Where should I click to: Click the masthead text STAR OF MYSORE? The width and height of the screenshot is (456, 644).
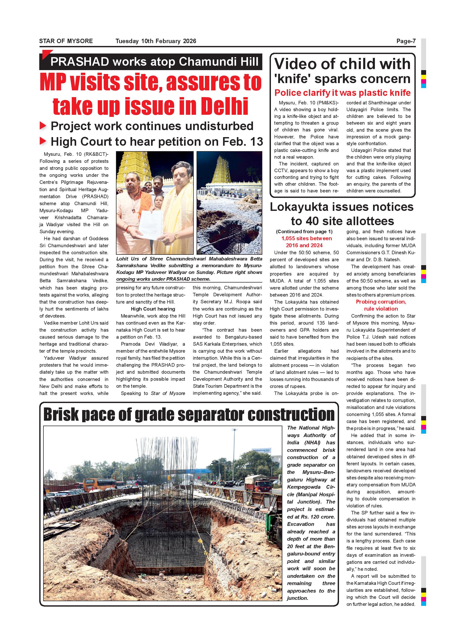pos(66,41)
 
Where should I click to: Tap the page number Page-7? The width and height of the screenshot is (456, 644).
pos(406,41)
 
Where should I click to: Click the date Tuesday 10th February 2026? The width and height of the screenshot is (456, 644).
pos(155,41)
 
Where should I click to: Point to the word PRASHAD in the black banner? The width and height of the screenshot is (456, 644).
pos(80,62)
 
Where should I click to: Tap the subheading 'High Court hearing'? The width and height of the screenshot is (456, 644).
pos(153,309)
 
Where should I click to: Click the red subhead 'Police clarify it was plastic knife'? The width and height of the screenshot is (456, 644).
pos(342,93)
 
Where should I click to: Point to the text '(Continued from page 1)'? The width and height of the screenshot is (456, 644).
pos(304,232)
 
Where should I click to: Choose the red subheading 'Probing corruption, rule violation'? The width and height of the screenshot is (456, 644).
pos(381,305)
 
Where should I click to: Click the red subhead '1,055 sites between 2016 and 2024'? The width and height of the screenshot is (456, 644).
pos(306,242)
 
